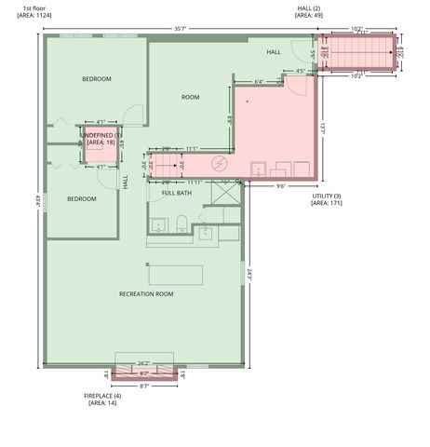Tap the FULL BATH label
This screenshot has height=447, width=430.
177,193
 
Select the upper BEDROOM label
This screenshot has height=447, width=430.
96,79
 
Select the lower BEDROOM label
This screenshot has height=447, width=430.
81,198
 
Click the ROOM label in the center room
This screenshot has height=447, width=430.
190,97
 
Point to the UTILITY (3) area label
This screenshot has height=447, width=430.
327,198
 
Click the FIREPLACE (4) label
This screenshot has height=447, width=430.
102,399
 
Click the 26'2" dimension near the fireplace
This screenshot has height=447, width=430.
143,363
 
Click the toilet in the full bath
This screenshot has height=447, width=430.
182,221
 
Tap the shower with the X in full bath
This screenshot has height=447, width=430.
225,195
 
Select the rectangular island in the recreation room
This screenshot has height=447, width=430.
176,275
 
